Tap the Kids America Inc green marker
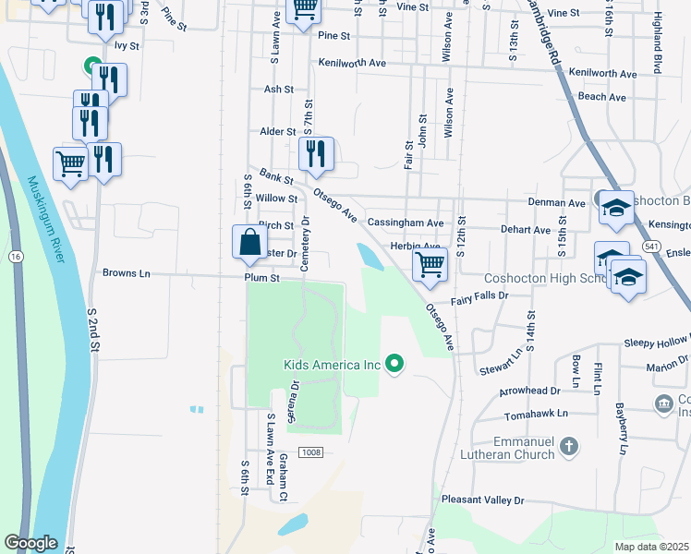tap(395, 365)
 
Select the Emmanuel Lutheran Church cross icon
tap(569, 447)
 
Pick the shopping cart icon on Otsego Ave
tap(430, 264)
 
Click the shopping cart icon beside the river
tap(70, 164)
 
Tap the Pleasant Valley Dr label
tap(482, 500)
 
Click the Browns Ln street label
tap(126, 273)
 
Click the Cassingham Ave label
tap(406, 223)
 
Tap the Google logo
tap(30, 543)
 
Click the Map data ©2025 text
tap(651, 547)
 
